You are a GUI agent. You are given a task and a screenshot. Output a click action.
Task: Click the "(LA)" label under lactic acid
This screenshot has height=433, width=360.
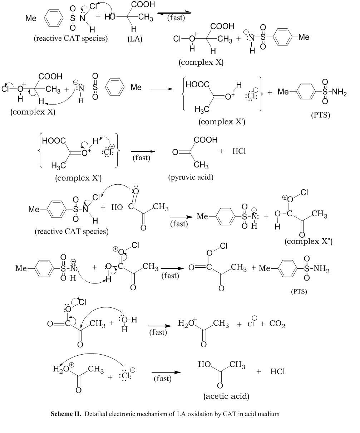[135, 39]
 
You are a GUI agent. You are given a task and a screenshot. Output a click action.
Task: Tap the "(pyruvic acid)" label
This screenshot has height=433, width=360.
[191, 177]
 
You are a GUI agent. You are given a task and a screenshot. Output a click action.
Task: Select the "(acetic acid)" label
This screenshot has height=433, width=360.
[226, 396]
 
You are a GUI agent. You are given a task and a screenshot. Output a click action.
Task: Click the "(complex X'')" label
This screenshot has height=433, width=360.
[309, 241]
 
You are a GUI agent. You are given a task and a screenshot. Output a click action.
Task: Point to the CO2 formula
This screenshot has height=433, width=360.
[277, 324]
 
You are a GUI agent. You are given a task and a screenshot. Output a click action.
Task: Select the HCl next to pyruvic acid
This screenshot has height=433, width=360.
[239, 151]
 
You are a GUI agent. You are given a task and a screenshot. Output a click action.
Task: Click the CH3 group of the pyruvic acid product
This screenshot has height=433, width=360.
[202, 165]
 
